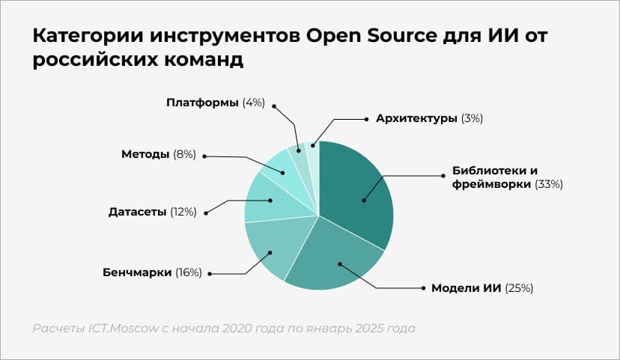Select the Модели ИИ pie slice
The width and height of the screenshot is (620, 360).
click(337, 258)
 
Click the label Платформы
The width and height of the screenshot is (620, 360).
click(203, 102)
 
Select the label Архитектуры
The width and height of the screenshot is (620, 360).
click(416, 118)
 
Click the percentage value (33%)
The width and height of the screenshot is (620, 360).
click(547, 183)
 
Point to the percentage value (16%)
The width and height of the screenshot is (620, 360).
click(189, 272)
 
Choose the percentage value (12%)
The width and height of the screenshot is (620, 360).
click(183, 212)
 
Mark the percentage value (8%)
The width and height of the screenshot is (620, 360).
click(183, 154)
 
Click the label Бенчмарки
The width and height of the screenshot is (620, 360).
click(137, 272)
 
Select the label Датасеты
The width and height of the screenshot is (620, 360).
click(138, 212)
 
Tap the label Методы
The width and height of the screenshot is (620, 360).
click(145, 154)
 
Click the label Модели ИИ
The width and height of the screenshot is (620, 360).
click(466, 287)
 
